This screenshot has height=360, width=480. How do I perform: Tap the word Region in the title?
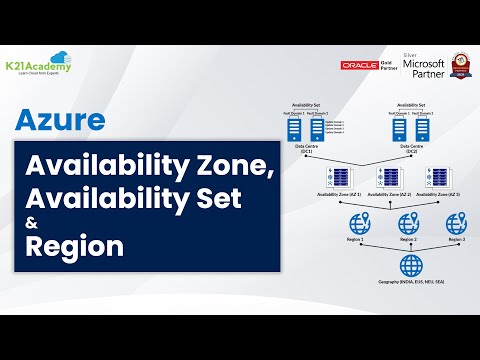pos(76,246)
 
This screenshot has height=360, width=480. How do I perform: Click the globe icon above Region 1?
pos(353,224)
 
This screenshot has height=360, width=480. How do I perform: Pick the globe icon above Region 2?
pos(407,224)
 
